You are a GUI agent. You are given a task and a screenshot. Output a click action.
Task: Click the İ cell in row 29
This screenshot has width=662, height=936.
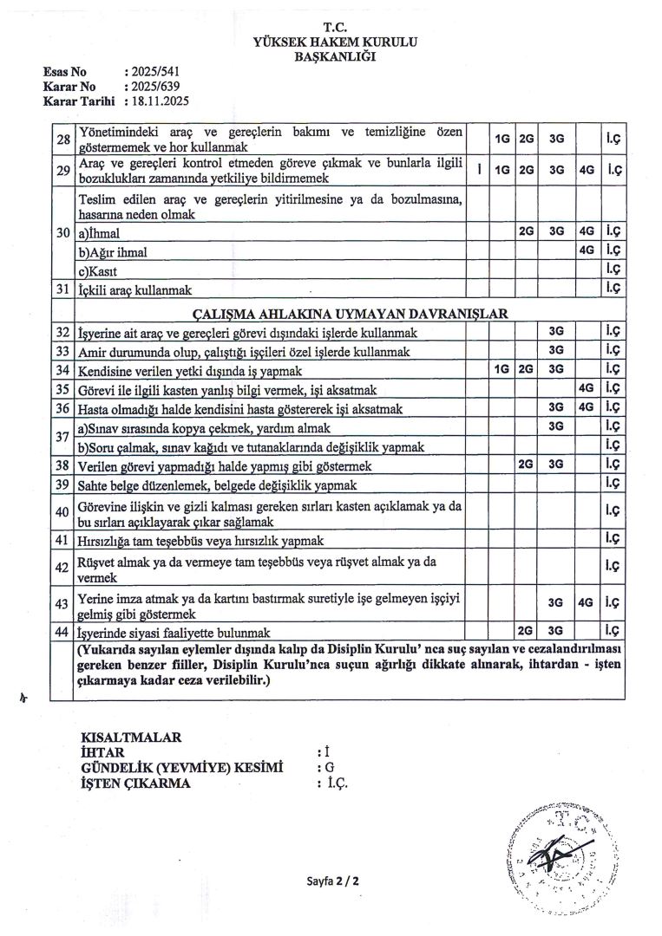(478, 170)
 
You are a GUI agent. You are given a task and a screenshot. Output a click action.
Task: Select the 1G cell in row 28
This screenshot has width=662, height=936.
(501, 138)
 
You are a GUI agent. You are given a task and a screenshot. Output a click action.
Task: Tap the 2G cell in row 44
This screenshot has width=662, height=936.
(526, 631)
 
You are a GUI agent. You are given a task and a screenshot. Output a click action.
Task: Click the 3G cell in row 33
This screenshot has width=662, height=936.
(557, 350)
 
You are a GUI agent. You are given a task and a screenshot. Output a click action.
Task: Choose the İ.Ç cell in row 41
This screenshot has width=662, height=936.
(613, 539)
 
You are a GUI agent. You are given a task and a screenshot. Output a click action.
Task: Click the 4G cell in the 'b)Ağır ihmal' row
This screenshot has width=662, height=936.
(587, 251)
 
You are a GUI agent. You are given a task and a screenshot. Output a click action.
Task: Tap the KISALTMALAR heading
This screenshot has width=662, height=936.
(130, 738)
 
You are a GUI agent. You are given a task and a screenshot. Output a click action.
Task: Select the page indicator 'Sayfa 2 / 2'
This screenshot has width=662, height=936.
(332, 881)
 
